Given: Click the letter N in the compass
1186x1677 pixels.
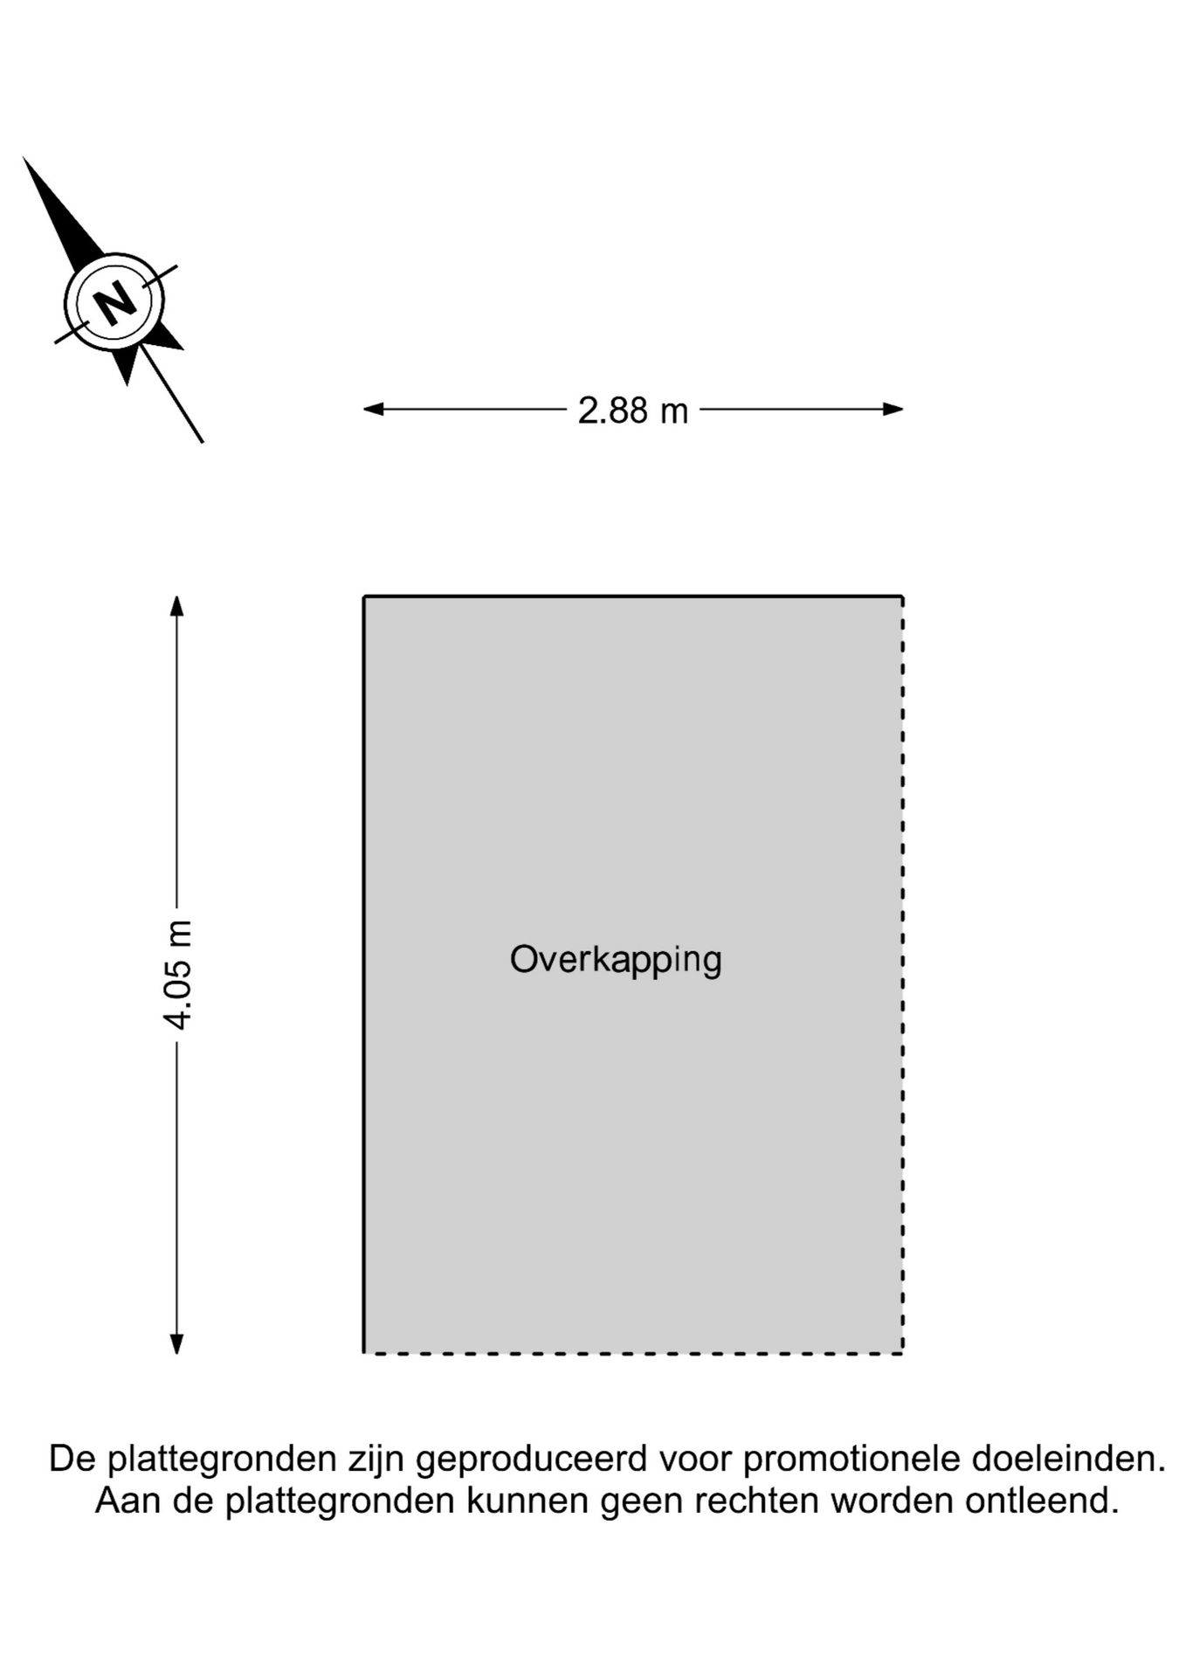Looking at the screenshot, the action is (114, 302).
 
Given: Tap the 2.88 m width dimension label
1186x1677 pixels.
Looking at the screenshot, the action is (633, 410).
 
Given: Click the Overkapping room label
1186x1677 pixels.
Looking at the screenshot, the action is (616, 960).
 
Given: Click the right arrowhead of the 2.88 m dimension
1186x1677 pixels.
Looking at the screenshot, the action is (893, 409).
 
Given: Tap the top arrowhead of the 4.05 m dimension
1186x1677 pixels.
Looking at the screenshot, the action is (176, 606).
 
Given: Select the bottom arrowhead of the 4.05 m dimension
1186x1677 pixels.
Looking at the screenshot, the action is (176, 1343).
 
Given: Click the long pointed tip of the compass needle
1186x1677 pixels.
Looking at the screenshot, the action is (24, 158).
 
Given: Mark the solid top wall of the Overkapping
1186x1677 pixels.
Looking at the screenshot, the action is (633, 597).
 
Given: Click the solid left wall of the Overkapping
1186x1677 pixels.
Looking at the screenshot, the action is (364, 975).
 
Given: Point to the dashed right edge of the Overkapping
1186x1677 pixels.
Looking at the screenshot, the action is (902, 975).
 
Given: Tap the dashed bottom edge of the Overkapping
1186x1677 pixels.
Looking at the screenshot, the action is (633, 1353).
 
